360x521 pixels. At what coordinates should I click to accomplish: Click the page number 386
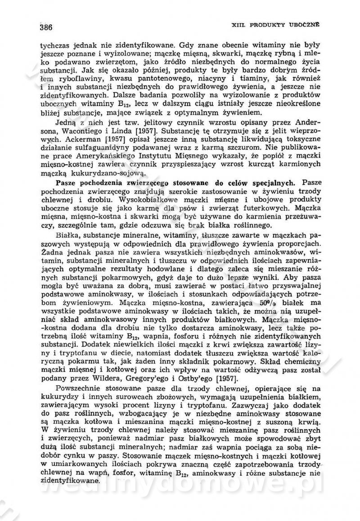(x=46, y=27)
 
